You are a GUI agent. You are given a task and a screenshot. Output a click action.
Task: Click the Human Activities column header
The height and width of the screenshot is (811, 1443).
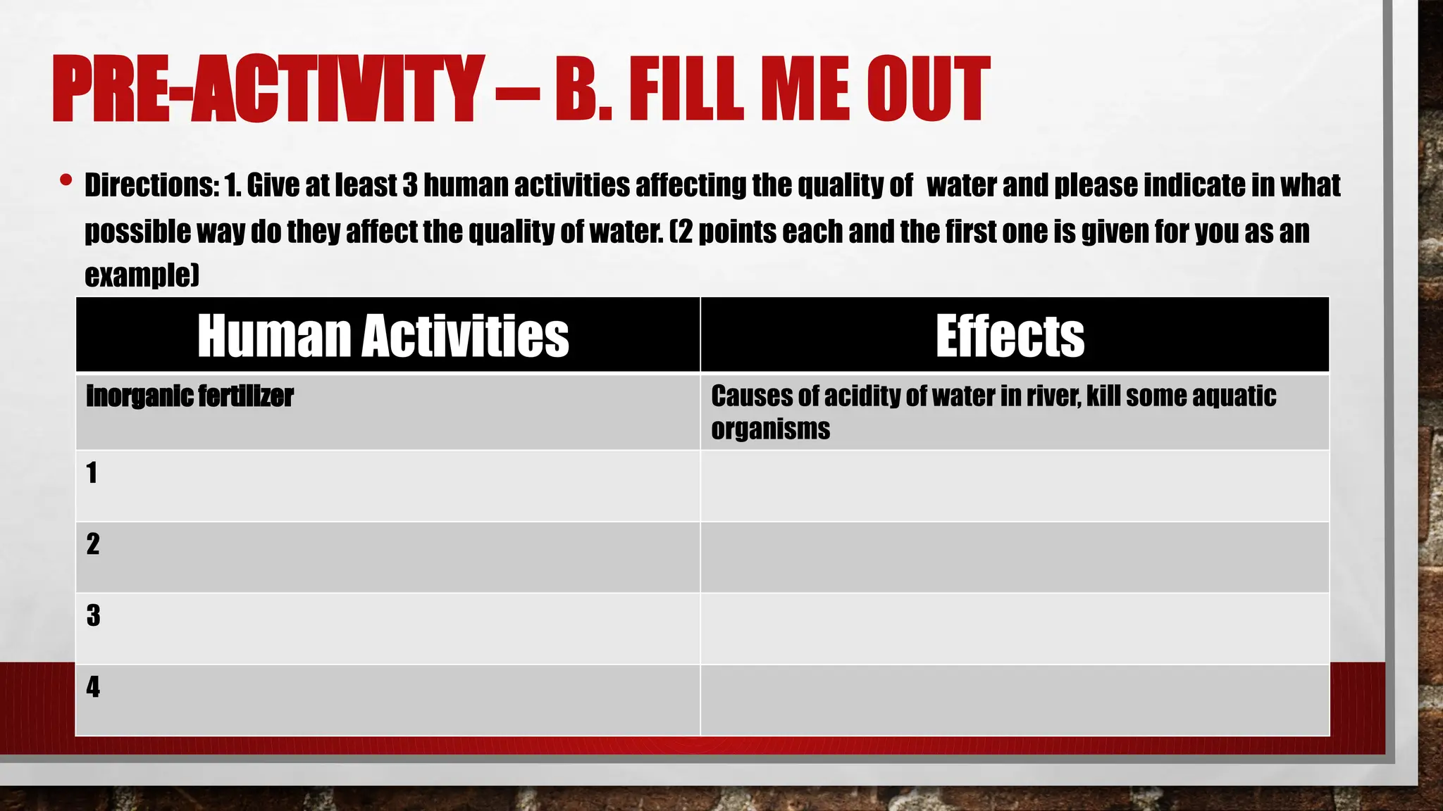pos(383,336)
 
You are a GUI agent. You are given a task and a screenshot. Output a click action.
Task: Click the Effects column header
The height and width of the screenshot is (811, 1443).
pos(1010,336)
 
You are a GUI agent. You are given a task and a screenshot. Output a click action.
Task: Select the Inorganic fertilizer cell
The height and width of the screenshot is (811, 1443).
pos(190,396)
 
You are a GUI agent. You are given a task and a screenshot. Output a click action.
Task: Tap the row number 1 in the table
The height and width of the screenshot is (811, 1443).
pos(92,473)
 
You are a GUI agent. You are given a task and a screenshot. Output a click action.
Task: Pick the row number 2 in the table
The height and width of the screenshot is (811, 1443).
pos(93,544)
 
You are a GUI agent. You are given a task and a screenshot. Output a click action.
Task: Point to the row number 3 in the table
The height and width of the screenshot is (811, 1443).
pos(93,616)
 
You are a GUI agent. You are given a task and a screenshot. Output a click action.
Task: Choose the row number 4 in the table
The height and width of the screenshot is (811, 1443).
pos(93,687)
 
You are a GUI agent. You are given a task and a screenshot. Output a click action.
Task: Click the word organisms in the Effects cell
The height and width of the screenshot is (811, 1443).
pos(770,429)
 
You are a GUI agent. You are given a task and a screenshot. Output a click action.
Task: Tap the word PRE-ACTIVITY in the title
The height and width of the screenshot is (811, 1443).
pos(268,90)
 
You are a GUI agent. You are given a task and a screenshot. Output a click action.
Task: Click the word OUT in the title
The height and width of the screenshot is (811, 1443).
pos(928,90)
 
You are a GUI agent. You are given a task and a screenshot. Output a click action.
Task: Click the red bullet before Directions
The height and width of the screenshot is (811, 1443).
pos(66,180)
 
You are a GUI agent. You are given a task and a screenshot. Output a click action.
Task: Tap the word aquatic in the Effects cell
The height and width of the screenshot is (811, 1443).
pos(1233,396)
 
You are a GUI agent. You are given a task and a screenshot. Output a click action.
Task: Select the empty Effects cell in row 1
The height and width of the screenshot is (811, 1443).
pos(1015,486)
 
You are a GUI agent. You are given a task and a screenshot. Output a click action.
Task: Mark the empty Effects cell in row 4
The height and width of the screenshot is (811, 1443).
pos(1015,700)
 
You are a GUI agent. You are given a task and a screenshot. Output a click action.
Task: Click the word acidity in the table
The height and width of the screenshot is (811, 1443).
pos(862,396)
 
